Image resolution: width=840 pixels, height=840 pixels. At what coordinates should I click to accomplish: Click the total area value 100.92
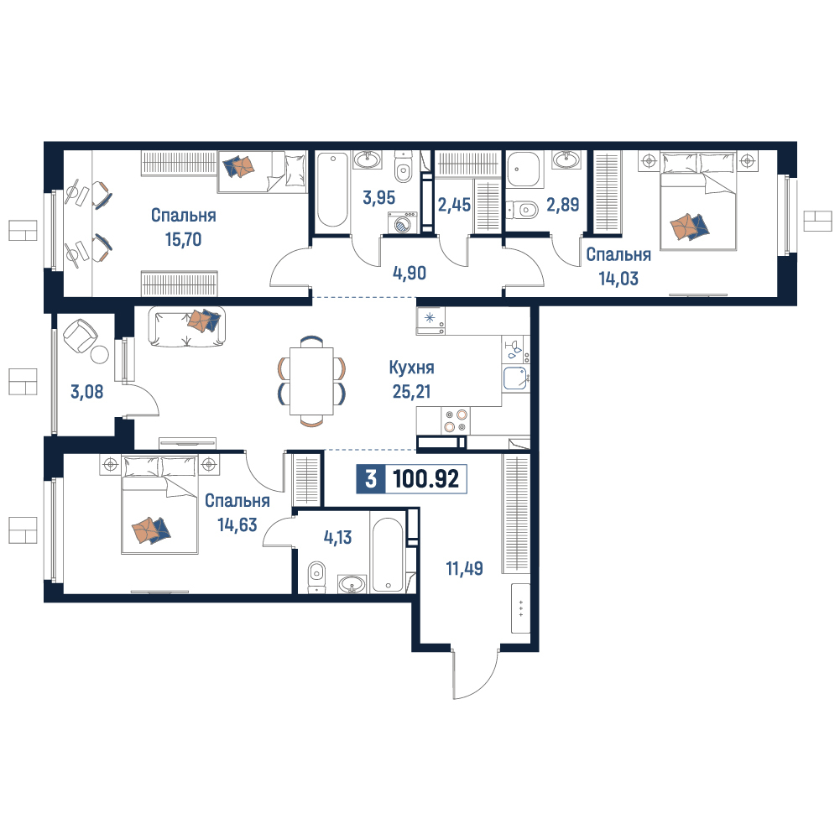(426, 478)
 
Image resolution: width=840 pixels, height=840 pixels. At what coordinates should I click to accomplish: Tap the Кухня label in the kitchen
(411, 368)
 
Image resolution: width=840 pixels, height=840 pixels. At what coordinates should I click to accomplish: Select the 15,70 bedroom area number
(183, 239)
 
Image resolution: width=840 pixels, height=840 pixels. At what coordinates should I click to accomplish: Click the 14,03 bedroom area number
(618, 279)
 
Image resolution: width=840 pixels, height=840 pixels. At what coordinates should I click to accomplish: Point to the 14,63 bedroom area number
(237, 524)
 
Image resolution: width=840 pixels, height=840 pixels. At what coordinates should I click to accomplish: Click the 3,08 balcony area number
(86, 392)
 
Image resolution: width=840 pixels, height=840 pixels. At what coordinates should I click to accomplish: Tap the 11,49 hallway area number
(464, 568)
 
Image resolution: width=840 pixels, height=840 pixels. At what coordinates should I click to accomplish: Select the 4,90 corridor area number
(410, 274)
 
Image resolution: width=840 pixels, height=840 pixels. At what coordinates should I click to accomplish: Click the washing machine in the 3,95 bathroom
(402, 222)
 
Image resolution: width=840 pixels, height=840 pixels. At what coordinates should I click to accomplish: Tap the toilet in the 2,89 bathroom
(522, 209)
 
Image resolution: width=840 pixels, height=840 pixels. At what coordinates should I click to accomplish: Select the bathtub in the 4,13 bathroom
(388, 555)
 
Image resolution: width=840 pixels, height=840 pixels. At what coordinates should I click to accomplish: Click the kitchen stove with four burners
(456, 420)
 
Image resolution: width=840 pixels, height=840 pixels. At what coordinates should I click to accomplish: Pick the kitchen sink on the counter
(516, 378)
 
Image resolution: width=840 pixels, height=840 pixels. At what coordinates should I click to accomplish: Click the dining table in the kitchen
(311, 381)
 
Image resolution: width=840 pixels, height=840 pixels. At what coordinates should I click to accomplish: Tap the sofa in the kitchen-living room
(186, 326)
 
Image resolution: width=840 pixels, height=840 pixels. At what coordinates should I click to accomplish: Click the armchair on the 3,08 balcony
(81, 336)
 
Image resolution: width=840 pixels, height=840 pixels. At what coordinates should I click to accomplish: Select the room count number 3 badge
(371, 478)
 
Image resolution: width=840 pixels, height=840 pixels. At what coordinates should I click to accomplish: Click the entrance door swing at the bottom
(475, 675)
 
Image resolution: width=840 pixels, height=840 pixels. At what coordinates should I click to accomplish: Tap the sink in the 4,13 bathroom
(352, 584)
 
